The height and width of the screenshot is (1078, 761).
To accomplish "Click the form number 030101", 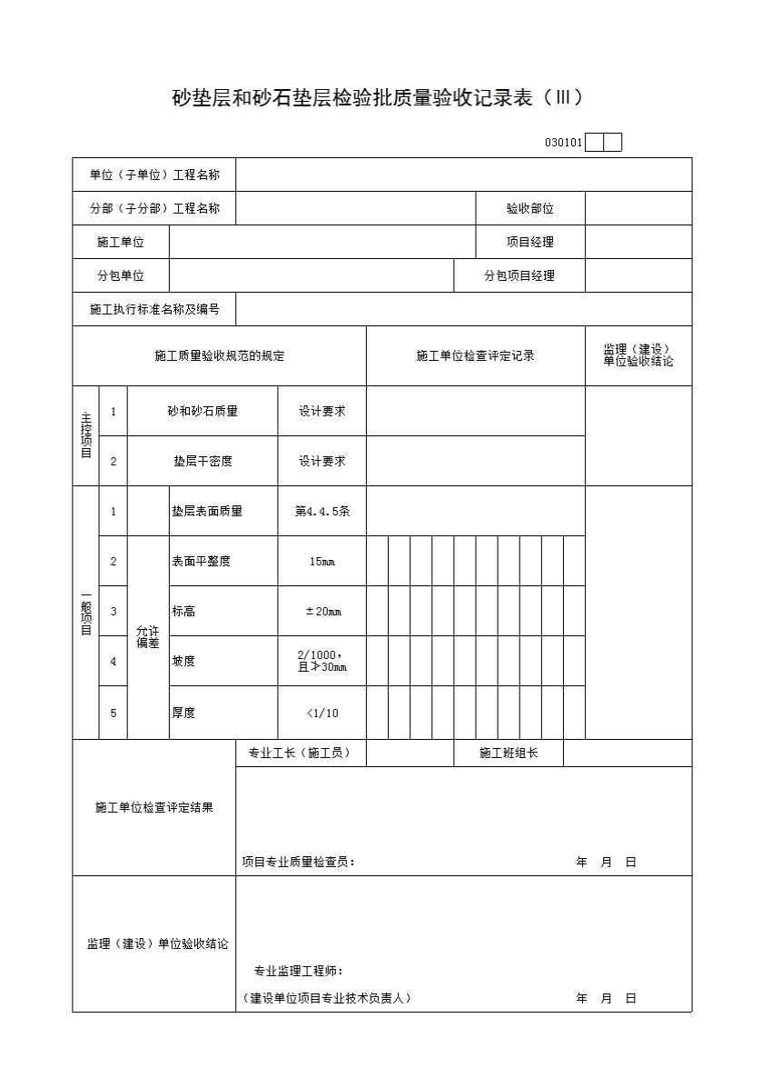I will click(x=563, y=143).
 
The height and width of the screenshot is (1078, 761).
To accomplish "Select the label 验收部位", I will click(x=529, y=209).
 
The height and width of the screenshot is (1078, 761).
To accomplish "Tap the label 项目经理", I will click(x=529, y=243).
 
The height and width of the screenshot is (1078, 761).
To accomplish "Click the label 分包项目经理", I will click(x=519, y=276).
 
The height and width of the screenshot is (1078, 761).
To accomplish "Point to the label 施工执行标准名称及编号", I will click(x=154, y=310).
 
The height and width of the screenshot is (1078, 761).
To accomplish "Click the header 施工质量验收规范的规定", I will click(x=219, y=356).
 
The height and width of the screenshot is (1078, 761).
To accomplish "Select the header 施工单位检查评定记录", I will click(x=475, y=356).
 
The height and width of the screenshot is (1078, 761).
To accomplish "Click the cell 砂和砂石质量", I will click(x=202, y=412).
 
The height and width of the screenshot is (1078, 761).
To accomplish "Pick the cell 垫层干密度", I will click(x=202, y=462).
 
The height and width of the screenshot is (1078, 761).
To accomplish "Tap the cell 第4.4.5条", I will click(x=321, y=512).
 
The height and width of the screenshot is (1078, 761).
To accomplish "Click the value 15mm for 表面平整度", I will click(x=321, y=562).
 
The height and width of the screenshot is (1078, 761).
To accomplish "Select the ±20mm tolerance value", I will click(x=322, y=612).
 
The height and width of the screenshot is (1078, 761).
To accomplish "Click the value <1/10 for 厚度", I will click(x=321, y=714).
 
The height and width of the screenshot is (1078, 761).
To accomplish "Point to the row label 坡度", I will click(x=183, y=662).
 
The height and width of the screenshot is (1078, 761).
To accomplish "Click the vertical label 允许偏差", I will click(x=147, y=637).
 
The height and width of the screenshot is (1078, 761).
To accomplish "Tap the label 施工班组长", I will click(x=509, y=754).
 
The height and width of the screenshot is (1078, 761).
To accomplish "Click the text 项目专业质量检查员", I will click(x=298, y=863).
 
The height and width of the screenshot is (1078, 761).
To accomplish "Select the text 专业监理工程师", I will click(x=298, y=972).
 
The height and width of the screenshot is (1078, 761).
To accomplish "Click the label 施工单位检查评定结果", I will click(x=153, y=808).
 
